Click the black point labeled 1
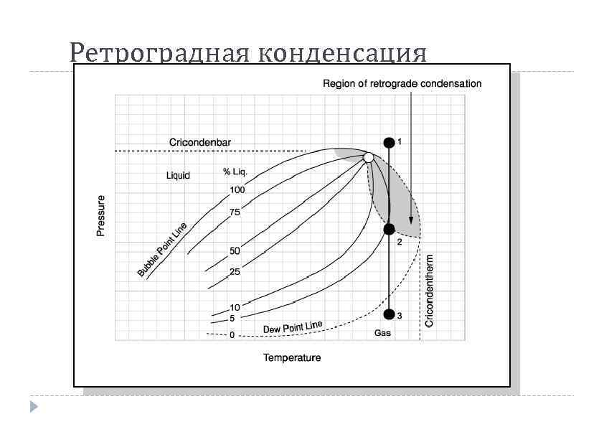click(389, 143)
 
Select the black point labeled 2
click(389, 229)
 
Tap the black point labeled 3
click(390, 314)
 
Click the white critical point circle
click(368, 157)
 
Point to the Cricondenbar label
click(200, 143)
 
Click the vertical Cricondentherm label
click(430, 289)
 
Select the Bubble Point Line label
click(163, 250)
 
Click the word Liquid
click(179, 176)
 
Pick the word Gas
click(382, 334)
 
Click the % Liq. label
click(235, 172)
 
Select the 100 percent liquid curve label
click(237, 190)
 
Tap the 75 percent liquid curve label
click(235, 212)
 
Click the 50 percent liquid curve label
click(235, 251)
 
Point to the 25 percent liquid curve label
click(235, 272)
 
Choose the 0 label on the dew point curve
click(232, 335)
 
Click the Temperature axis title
click(292, 357)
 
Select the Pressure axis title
click(101, 215)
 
